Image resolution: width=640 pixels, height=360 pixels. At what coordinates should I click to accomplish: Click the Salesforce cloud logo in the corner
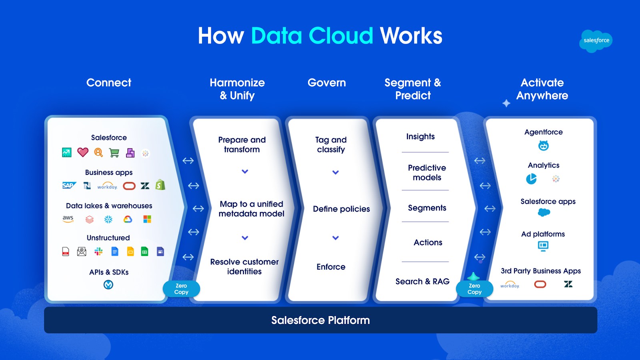tap(596, 40)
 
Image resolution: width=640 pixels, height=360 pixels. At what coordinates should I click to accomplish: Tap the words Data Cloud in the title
tap(312, 36)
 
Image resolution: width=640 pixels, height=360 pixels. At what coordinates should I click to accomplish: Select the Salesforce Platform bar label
tap(320, 320)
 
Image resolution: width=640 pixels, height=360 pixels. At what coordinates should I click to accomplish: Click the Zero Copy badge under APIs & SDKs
tap(181, 289)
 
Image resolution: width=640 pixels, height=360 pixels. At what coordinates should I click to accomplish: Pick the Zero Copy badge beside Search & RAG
tap(474, 289)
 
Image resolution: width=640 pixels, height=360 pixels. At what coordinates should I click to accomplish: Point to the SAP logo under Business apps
tap(69, 185)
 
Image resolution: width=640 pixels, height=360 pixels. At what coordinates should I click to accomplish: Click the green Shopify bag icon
tap(160, 185)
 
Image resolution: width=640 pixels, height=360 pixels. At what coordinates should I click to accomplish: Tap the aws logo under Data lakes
tap(68, 219)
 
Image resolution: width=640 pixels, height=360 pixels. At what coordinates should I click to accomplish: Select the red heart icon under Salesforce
tap(83, 152)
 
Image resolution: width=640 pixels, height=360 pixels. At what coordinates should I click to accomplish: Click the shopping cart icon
tap(114, 153)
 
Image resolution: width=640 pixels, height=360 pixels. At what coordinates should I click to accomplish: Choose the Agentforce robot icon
tap(543, 146)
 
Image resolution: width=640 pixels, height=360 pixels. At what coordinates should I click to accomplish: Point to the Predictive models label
tap(427, 172)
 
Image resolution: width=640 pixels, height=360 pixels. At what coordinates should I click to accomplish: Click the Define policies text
tap(341, 209)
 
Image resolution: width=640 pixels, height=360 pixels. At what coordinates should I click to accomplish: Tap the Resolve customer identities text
tap(244, 266)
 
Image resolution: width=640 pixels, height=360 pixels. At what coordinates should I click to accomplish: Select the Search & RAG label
tap(422, 281)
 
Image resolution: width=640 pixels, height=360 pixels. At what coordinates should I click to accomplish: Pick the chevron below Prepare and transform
tap(245, 172)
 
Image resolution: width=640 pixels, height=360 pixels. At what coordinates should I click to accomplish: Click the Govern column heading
tap(326, 83)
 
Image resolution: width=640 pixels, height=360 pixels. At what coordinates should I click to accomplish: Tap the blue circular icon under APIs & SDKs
tap(108, 284)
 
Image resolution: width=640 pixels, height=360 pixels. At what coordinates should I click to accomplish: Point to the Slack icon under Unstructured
tap(98, 251)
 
